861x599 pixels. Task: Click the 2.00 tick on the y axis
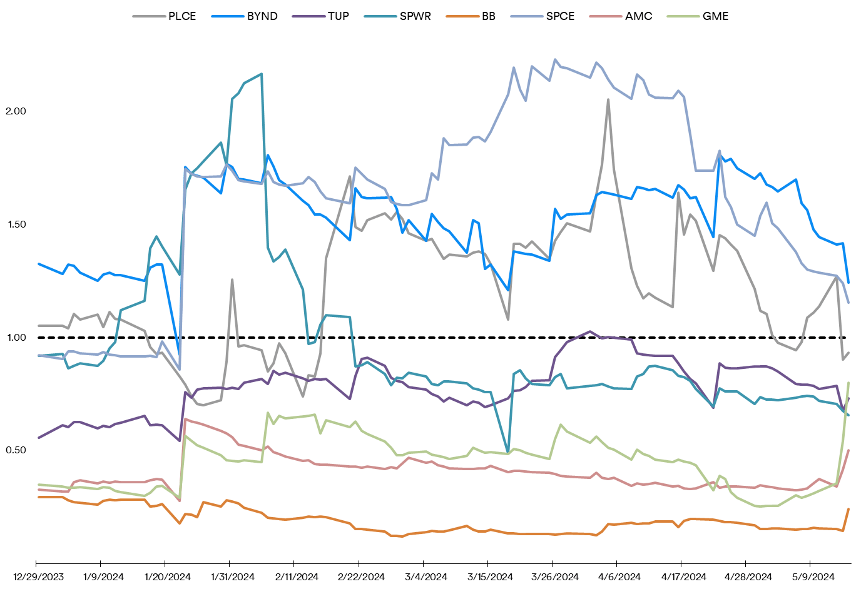point(16,111)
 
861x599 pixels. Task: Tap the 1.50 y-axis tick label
point(16,224)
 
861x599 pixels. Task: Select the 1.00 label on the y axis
point(16,338)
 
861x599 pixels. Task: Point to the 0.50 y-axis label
point(16,450)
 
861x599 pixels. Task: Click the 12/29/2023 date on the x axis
point(38,577)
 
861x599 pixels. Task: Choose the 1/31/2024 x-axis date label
point(232,577)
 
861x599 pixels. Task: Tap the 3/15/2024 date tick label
point(490,577)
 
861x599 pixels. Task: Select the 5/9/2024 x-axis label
point(813,577)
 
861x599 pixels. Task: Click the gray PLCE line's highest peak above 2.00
point(608,99)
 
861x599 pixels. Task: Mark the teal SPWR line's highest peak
point(261,74)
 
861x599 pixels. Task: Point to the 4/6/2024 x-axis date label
point(619,577)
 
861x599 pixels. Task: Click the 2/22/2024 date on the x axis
point(361,577)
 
